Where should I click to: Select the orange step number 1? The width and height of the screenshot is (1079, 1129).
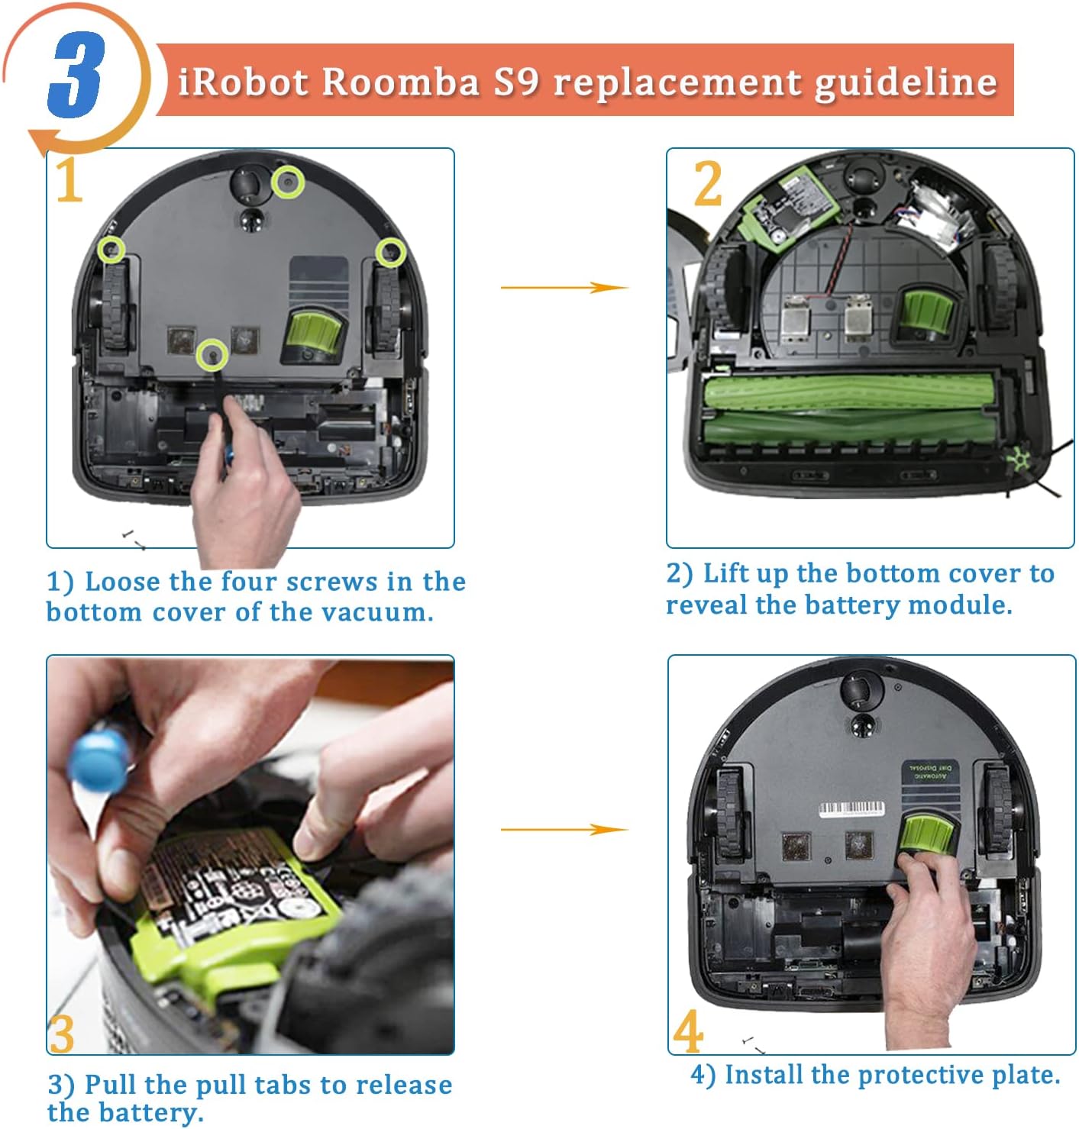(x=69, y=181)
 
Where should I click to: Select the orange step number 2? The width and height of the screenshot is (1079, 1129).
(x=707, y=184)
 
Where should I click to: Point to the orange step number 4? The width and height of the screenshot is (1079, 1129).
(x=688, y=1031)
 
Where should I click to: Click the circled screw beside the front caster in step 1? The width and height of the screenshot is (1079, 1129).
(x=288, y=182)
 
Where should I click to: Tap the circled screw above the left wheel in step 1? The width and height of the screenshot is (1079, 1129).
(x=112, y=250)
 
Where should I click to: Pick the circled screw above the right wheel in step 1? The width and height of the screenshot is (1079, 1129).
(x=390, y=252)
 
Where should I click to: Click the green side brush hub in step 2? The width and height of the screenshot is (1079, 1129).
(x=1019, y=460)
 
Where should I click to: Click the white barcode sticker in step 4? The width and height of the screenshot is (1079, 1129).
(x=852, y=808)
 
